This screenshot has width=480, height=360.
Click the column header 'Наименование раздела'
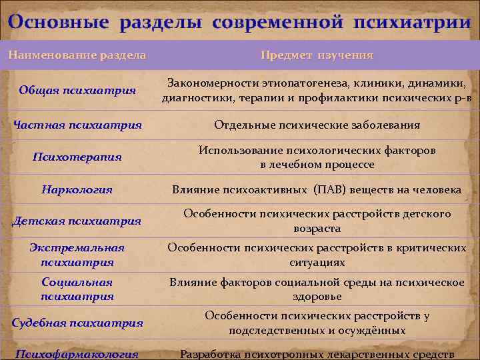77,55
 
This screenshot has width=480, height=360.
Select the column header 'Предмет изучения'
317,55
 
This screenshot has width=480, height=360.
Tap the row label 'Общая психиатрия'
77,90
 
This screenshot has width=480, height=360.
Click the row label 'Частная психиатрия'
77,125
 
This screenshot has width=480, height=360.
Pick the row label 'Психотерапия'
77,157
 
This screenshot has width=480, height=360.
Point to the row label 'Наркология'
77,190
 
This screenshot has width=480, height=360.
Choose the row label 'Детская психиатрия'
77,221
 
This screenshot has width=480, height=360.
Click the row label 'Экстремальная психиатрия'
77,255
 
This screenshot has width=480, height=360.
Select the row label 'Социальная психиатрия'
77,289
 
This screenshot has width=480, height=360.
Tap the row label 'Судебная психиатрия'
77,323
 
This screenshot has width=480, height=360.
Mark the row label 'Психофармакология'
77,354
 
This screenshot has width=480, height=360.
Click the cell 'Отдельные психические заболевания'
317,125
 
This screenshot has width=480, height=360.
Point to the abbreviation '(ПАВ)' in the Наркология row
329,190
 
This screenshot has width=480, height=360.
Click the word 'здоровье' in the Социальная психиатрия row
317,296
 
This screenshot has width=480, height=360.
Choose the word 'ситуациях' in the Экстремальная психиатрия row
317,262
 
